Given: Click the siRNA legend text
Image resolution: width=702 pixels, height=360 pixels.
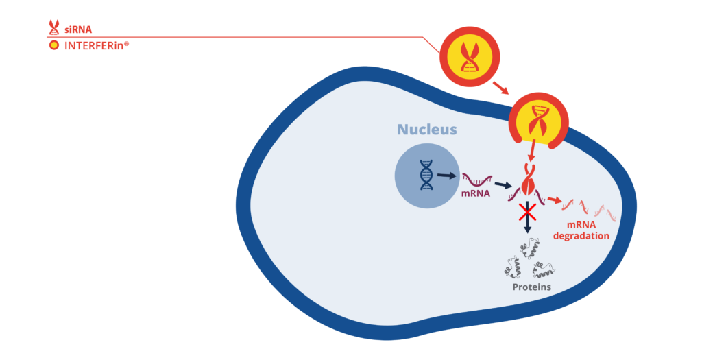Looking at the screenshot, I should click(78, 29).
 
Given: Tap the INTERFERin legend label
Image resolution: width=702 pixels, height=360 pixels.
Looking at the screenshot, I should click(97, 46).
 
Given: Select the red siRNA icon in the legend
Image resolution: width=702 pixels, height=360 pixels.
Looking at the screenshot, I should click(53, 27).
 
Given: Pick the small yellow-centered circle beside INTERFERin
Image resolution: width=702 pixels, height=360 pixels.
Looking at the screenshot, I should click(53, 46).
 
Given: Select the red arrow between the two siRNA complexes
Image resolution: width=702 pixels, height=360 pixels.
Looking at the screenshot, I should click(500, 88).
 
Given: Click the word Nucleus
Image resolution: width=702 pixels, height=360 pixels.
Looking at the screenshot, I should click(426, 130).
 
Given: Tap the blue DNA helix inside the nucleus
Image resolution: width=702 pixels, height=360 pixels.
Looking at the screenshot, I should click(426, 175).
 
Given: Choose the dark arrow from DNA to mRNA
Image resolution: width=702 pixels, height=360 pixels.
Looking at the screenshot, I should click(446, 176).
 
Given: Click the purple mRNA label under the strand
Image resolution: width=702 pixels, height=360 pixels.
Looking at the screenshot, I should click(476, 193).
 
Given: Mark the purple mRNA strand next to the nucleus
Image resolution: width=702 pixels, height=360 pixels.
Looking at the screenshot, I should click(476, 180).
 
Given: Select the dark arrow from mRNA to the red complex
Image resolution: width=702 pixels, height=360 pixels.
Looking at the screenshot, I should click(504, 184).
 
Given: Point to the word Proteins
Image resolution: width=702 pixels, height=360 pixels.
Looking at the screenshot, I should click(531, 287).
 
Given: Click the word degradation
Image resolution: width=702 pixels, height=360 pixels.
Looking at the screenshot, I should click(582, 236).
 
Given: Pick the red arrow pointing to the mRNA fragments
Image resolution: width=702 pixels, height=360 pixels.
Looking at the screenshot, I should click(555, 200).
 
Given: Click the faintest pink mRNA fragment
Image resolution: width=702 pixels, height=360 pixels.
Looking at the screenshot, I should click(607, 212).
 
